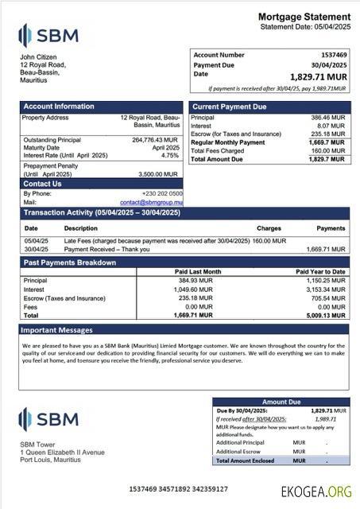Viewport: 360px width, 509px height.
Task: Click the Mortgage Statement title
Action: point(304,17)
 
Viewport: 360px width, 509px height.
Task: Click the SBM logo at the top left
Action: point(48,35)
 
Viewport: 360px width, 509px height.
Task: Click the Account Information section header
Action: point(58,107)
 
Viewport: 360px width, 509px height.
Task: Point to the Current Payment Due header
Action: point(229,107)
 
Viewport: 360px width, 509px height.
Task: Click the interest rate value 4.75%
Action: point(170,156)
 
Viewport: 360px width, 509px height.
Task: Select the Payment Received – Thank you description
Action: point(103,249)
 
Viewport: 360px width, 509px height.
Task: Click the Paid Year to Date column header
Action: point(320,272)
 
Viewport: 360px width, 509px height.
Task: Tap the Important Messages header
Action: point(56,329)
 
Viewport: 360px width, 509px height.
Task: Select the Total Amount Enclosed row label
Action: point(246,460)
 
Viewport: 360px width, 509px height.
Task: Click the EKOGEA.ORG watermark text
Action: point(316,492)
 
